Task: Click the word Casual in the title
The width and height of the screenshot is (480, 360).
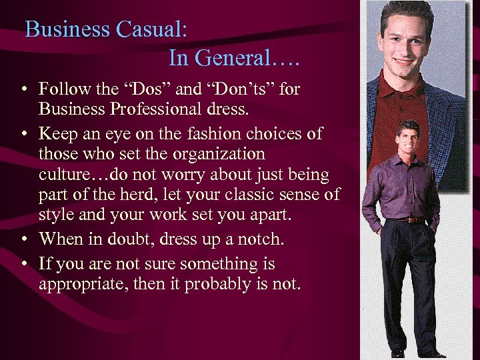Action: point(151,30)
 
